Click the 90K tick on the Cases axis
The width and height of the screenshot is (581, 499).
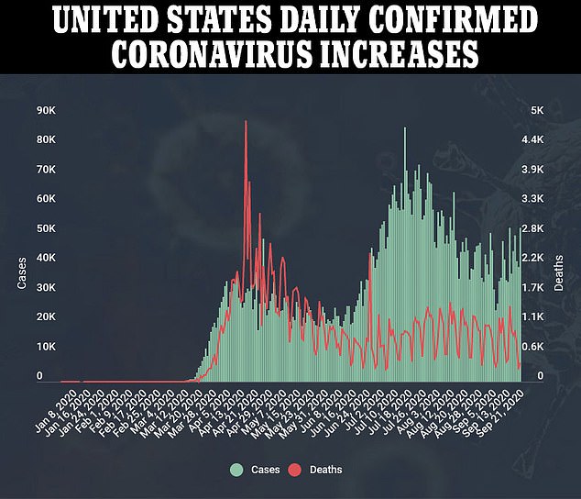click(x=46, y=110)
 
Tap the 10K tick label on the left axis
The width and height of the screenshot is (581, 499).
click(x=46, y=347)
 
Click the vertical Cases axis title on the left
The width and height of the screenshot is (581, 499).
click(x=21, y=272)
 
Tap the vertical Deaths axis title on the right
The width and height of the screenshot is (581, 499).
click(x=559, y=272)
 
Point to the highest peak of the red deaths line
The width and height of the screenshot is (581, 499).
click(x=246, y=121)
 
